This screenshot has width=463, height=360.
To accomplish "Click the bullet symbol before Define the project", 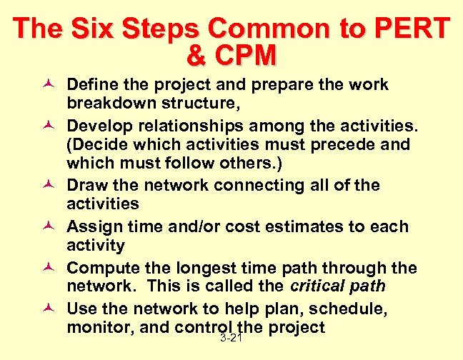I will coord(52,85).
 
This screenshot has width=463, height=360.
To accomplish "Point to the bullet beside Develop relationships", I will coord(52,126).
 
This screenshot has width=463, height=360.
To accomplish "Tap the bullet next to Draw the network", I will coord(52,186).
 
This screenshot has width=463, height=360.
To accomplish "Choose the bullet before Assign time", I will coord(52,227).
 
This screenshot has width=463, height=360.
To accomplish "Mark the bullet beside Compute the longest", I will coord(52,269).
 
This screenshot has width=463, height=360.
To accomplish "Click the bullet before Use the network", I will coord(52,310).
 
